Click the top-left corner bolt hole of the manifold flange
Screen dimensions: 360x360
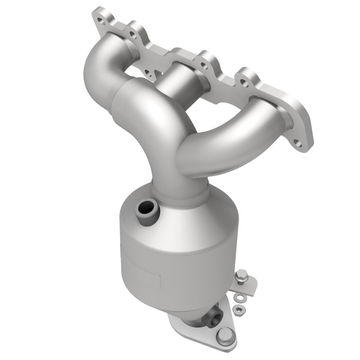[x=99, y=18]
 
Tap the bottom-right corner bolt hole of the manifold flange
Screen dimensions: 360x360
[x=297, y=144]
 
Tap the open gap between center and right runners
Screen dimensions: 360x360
[x=216, y=99]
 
